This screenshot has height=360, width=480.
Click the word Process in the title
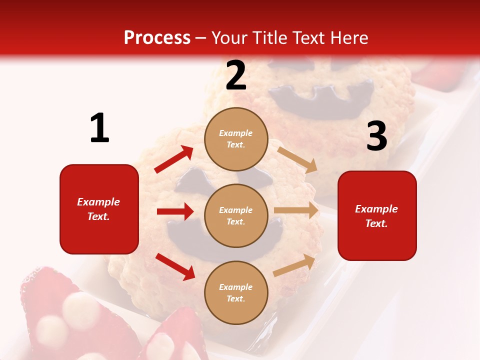(157, 38)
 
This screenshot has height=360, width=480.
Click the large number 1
(99, 128)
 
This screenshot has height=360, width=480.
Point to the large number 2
(236, 75)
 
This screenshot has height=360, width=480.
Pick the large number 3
(376, 136)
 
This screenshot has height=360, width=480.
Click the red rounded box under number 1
(99, 209)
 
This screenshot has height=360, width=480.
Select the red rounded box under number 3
(377, 215)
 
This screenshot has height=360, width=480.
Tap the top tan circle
(236, 138)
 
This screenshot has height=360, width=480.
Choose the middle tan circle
(236, 215)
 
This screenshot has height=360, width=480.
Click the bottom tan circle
(236, 292)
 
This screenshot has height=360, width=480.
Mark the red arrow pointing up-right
(174, 159)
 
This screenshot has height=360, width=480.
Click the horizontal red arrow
(175, 211)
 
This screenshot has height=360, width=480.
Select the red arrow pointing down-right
(175, 266)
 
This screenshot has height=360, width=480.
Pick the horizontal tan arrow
(296, 210)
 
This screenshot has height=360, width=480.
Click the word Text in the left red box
(98, 216)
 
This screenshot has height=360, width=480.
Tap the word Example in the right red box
(376, 209)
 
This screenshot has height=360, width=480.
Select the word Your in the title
(228, 38)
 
